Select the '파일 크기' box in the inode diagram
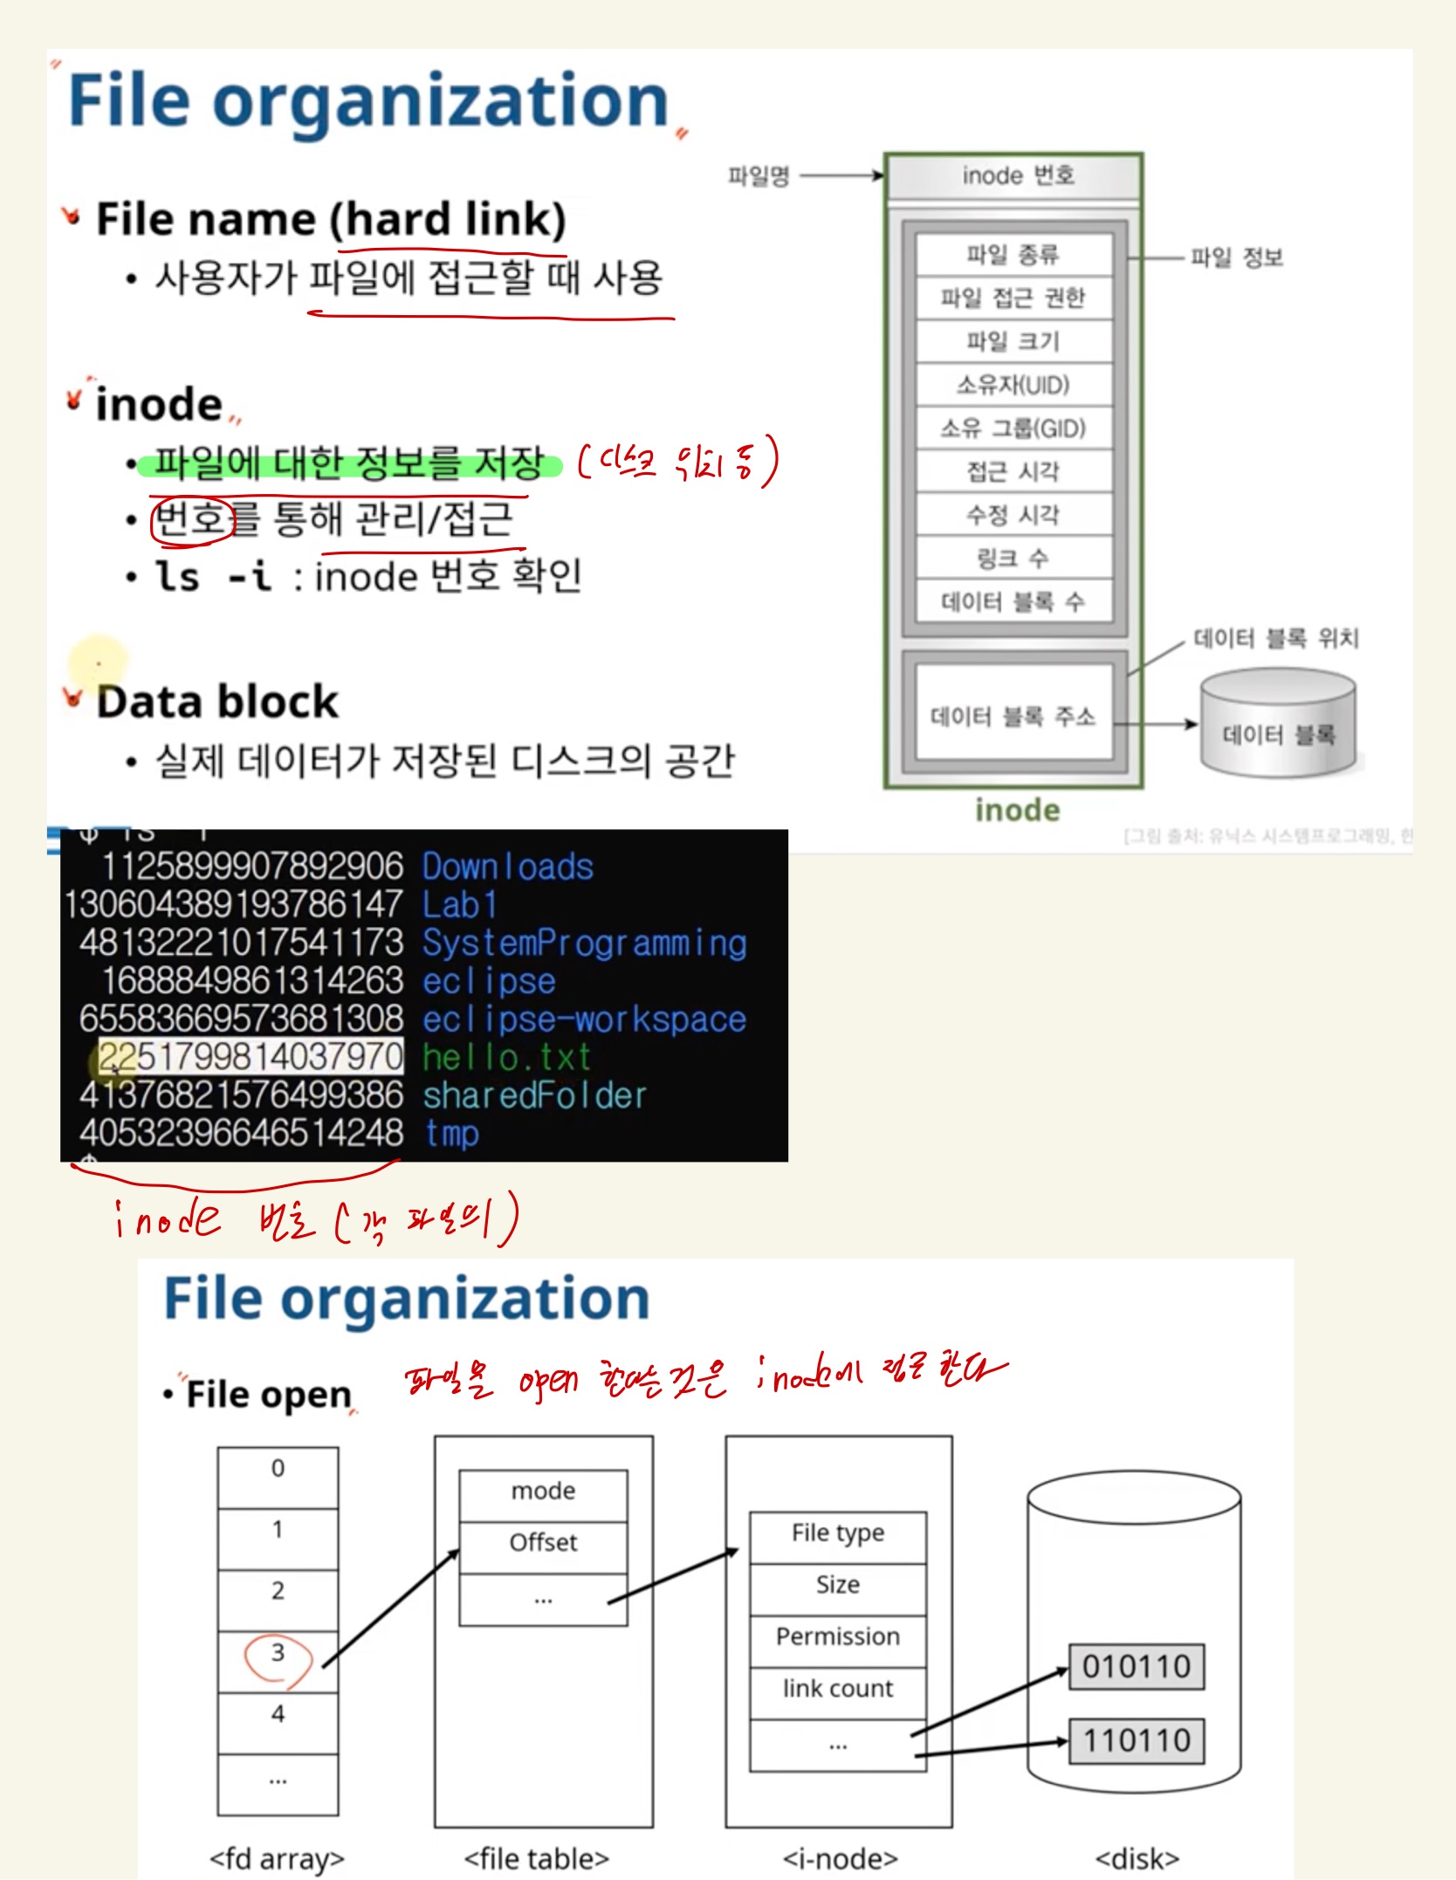point(1013,341)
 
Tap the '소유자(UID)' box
point(1013,385)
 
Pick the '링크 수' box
point(1013,558)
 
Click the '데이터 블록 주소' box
point(1013,717)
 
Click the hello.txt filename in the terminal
point(507,1058)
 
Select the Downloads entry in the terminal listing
point(508,868)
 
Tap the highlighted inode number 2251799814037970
point(251,1057)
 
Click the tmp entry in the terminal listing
point(452,1134)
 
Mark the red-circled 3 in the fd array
point(278,1653)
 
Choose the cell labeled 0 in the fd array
point(278,1469)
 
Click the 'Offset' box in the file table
point(543,1543)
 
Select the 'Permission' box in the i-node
point(838,1637)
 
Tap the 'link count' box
point(838,1690)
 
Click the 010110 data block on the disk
point(1137,1667)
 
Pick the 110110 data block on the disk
point(1137,1741)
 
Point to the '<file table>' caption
point(537,1859)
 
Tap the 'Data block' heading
point(217,702)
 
